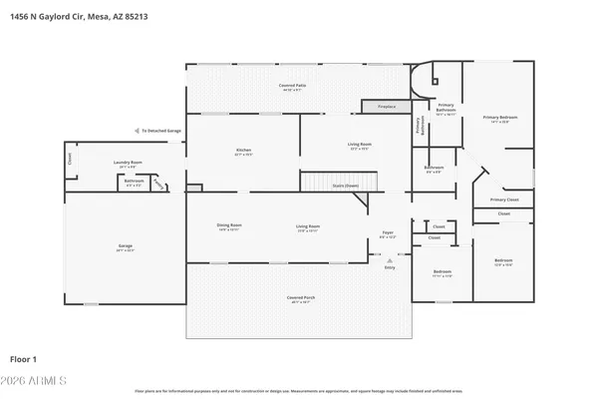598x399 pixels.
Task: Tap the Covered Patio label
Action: click(x=292, y=88)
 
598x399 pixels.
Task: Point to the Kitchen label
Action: click(x=241, y=152)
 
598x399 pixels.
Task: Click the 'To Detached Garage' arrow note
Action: click(x=158, y=131)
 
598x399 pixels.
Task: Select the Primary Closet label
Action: click(x=504, y=199)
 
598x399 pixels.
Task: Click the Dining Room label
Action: click(x=229, y=226)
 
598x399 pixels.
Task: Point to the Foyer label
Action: click(x=388, y=233)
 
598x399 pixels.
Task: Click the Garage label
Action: click(x=126, y=246)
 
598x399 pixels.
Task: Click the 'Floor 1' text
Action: click(x=23, y=358)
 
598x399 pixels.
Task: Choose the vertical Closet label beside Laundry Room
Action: click(x=70, y=158)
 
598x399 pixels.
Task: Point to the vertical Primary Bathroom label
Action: click(x=418, y=126)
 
